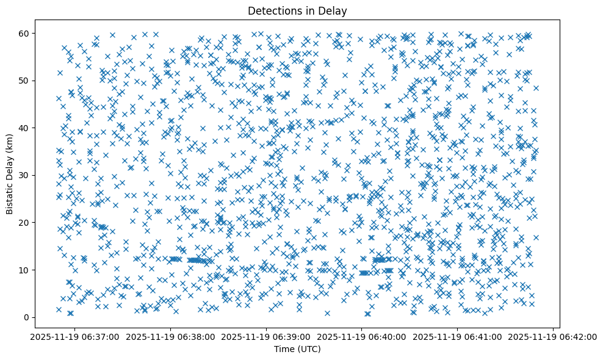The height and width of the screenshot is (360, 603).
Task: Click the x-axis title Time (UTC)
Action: [297, 349]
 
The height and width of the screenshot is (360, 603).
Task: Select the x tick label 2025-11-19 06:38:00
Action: [170, 336]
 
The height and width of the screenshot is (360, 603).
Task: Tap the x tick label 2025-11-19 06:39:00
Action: [266, 336]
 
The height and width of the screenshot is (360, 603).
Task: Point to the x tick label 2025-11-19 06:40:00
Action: [362, 336]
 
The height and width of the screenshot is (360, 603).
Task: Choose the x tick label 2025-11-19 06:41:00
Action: [458, 336]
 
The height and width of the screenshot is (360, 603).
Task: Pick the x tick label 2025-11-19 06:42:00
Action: [553, 336]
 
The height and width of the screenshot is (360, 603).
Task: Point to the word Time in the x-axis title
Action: [284, 349]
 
